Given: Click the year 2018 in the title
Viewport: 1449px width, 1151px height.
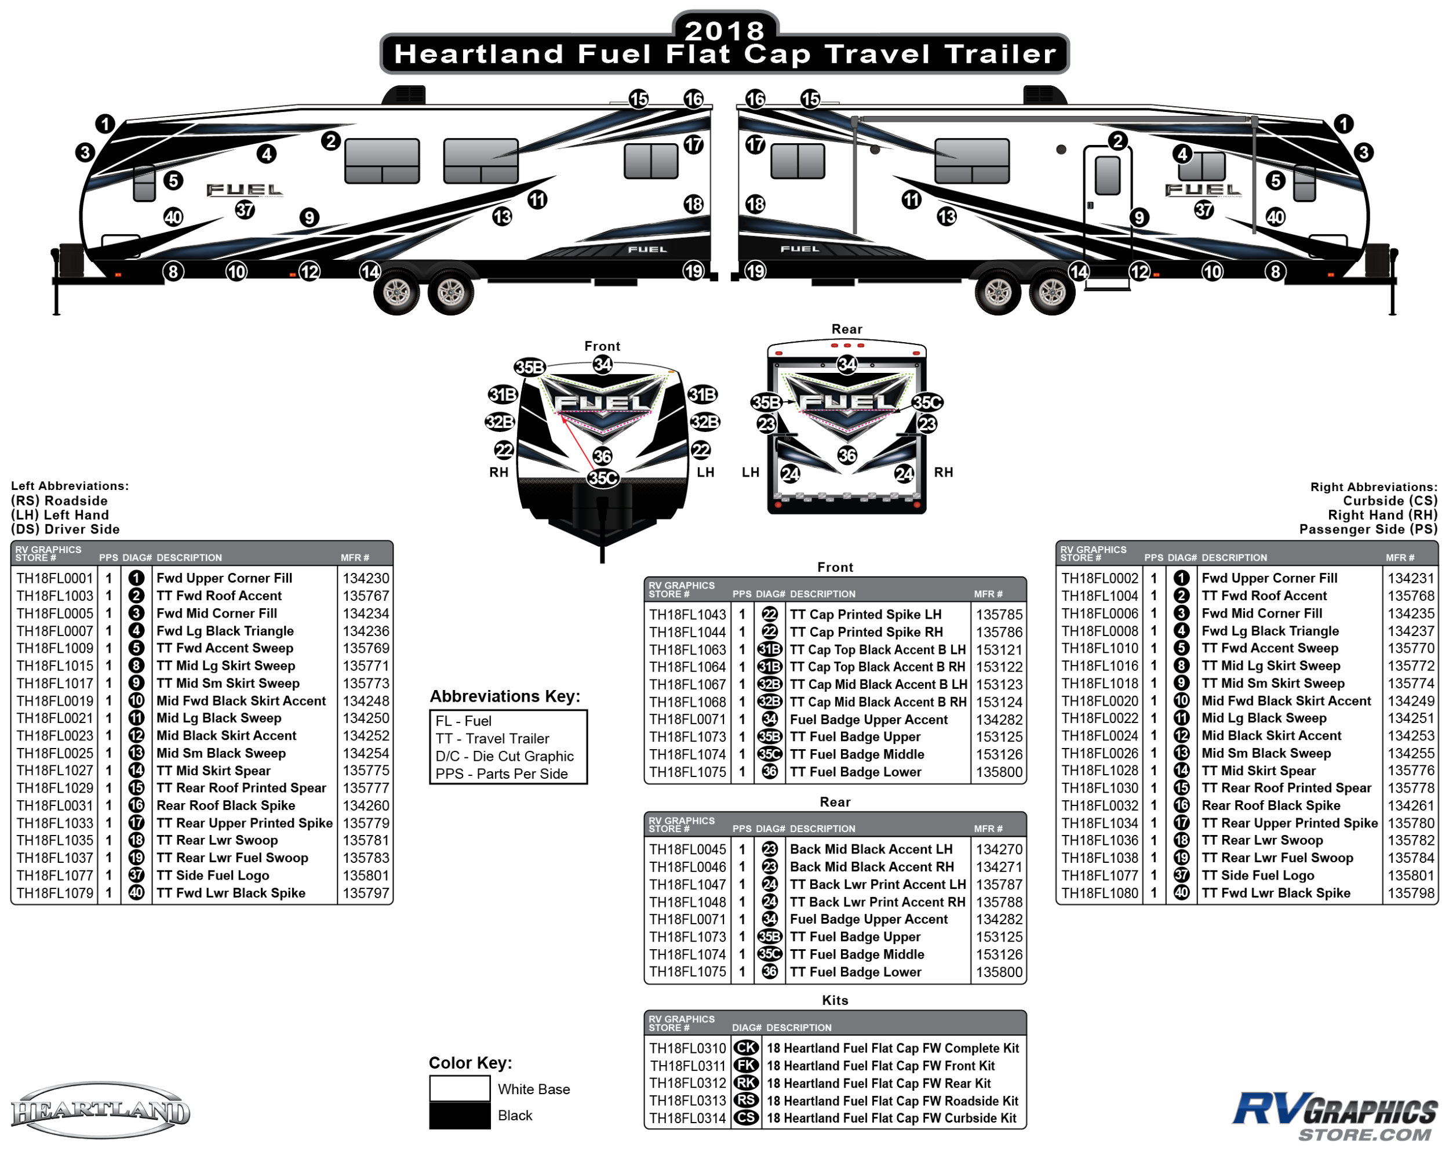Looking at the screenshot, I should point(724,30).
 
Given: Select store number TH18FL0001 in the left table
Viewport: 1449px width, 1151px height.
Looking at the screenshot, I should point(54,578).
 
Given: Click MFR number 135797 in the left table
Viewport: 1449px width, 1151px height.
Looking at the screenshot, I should point(366,894).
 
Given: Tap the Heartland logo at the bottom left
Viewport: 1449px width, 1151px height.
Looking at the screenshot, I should point(101,1110).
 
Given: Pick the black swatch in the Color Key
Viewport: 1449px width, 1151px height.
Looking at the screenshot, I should point(460,1116).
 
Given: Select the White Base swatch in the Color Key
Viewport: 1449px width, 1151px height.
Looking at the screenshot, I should point(460,1088).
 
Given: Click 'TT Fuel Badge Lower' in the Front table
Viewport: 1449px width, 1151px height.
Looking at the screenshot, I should point(855,772).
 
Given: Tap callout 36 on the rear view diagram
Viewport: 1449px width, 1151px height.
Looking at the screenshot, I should point(847,456).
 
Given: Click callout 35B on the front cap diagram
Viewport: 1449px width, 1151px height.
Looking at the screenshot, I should point(530,367).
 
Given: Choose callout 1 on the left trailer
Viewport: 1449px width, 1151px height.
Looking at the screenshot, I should point(105,124).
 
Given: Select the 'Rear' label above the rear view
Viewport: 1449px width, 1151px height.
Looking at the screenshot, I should point(846,329).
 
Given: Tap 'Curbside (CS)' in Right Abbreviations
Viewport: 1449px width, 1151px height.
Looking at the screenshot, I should point(1389,501).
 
